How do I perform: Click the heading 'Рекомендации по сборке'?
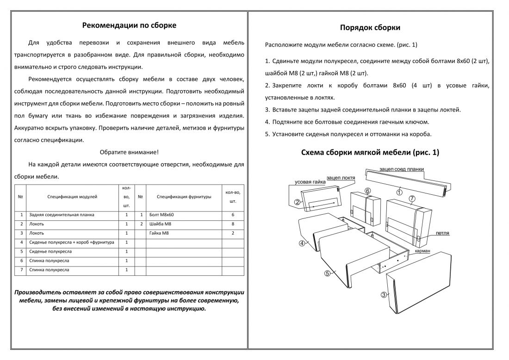click(129, 25)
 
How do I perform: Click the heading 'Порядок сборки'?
click(370, 28)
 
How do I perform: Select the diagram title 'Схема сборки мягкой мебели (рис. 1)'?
click(370, 152)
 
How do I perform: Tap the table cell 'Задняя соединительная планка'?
click(62, 215)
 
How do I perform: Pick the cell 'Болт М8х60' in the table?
click(162, 215)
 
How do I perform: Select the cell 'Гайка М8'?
click(159, 233)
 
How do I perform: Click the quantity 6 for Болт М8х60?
click(232, 215)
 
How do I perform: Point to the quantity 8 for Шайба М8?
click(232, 224)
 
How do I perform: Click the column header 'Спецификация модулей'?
click(72, 197)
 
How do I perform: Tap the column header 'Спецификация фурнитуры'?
click(184, 197)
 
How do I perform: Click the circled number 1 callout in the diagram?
click(399, 191)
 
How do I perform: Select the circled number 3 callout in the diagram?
click(384, 295)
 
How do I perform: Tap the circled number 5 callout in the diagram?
click(327, 273)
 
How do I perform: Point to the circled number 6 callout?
click(367, 191)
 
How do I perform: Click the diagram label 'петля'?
click(442, 233)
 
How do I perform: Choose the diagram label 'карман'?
click(422, 251)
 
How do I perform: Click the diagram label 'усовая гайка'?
click(310, 182)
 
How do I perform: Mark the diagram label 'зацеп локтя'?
click(341, 178)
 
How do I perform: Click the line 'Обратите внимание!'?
click(129, 152)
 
